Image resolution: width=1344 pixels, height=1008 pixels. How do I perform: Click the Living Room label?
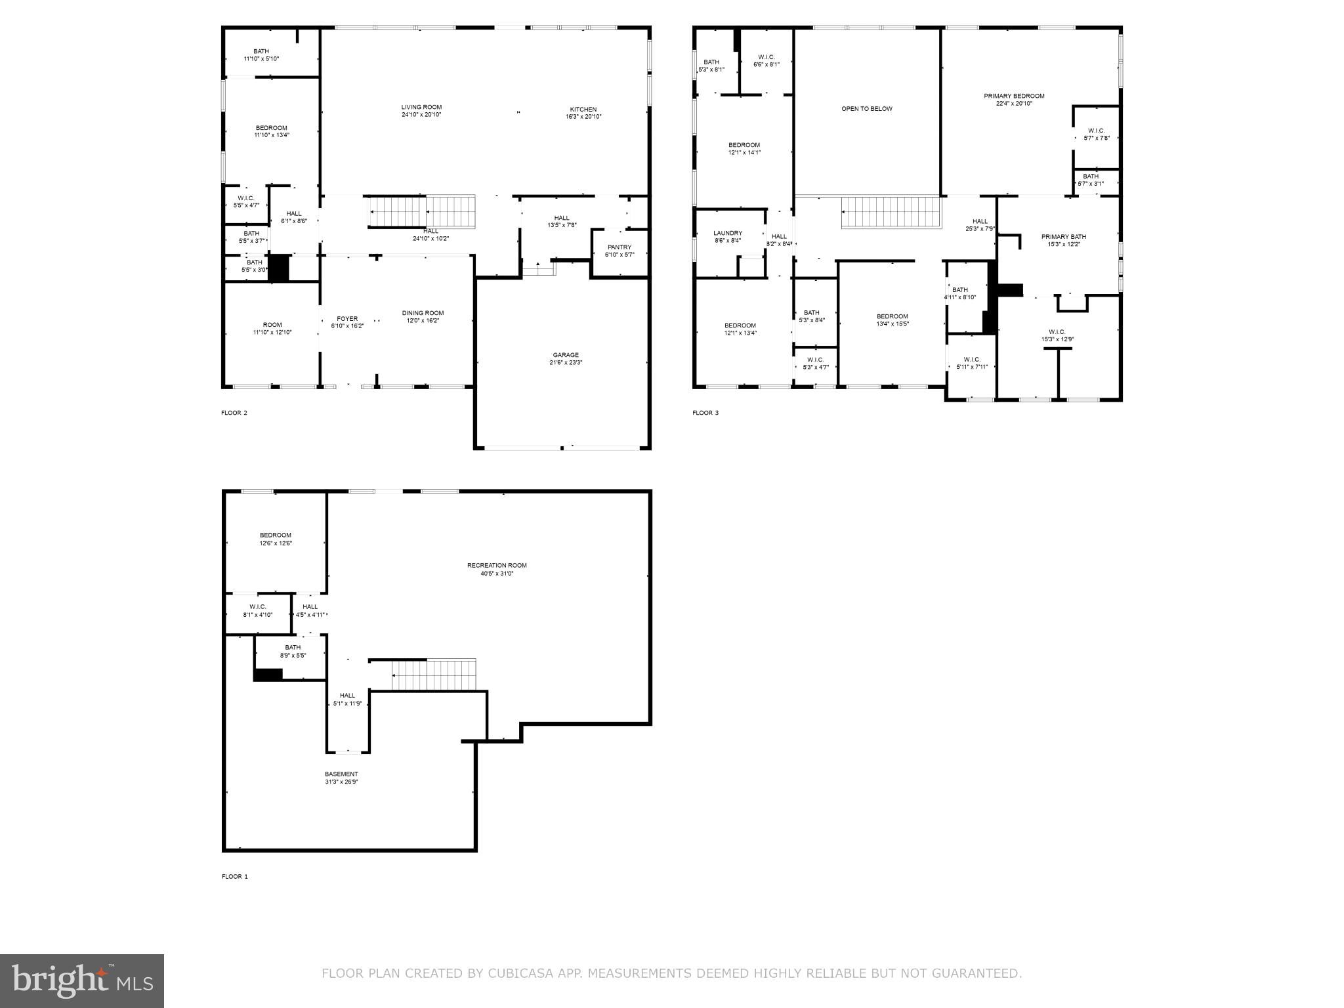pyautogui.click(x=421, y=108)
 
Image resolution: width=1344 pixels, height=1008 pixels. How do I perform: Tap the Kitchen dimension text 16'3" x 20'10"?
pyautogui.click(x=583, y=117)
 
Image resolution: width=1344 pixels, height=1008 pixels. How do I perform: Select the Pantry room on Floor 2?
pyautogui.click(x=619, y=251)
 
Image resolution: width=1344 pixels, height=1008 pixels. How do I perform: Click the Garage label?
pyautogui.click(x=565, y=355)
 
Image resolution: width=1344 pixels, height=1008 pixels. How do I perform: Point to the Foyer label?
pyautogui.click(x=347, y=319)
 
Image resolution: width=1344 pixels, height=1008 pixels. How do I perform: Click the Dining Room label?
pyautogui.click(x=423, y=313)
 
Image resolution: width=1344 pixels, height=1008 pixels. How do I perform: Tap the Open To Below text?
pyautogui.click(x=866, y=109)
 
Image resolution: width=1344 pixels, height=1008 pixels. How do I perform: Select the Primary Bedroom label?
pyautogui.click(x=1013, y=96)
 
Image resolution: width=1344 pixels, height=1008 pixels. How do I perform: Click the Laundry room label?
pyautogui.click(x=727, y=233)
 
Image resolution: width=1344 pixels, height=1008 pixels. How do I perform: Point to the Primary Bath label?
pyautogui.click(x=1063, y=237)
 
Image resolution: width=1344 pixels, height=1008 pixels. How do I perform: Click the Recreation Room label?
pyautogui.click(x=496, y=566)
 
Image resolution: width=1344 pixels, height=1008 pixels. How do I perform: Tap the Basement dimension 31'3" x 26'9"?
pyautogui.click(x=341, y=782)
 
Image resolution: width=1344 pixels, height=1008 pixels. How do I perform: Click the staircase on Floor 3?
pyautogui.click(x=891, y=213)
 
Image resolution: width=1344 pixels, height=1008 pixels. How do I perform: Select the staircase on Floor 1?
pyautogui.click(x=434, y=675)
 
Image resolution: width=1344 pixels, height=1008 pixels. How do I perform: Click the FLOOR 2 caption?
pyautogui.click(x=234, y=413)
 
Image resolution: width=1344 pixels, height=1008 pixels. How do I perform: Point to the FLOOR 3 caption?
pyautogui.click(x=705, y=413)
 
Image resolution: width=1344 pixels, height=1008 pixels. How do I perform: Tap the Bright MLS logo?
pyautogui.click(x=82, y=980)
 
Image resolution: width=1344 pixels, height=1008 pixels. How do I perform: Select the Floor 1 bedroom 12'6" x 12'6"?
pyautogui.click(x=275, y=539)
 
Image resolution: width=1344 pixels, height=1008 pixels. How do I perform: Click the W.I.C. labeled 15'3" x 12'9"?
pyautogui.click(x=1057, y=335)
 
